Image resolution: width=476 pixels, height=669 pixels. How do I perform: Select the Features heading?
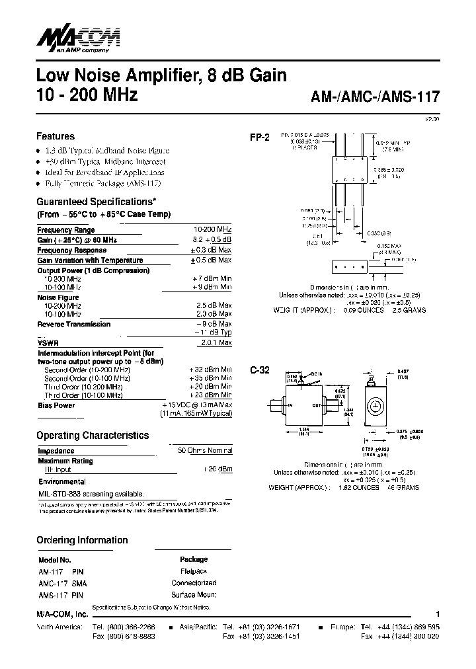[x=55, y=136]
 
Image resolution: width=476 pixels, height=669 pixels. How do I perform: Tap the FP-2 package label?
[x=259, y=138]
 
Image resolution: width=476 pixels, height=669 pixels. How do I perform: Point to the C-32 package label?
[x=259, y=370]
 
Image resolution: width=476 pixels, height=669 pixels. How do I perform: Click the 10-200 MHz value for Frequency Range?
[x=212, y=230]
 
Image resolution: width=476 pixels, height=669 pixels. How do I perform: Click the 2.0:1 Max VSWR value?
[x=216, y=343]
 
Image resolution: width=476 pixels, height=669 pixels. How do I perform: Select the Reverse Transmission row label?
[x=73, y=324]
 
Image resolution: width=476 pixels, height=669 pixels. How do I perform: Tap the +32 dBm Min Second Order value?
[x=210, y=370]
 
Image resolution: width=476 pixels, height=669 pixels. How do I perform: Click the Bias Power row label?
[x=56, y=405]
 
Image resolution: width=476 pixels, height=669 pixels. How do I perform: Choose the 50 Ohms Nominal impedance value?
[x=205, y=451]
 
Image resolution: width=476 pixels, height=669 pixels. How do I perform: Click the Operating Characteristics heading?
[x=92, y=436]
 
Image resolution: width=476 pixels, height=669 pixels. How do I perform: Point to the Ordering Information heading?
[x=82, y=540]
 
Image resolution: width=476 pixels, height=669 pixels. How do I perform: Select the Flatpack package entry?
[x=194, y=571]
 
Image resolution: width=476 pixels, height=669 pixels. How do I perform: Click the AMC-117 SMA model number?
[x=62, y=583]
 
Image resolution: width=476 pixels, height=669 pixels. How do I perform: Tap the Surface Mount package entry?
[x=194, y=594]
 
